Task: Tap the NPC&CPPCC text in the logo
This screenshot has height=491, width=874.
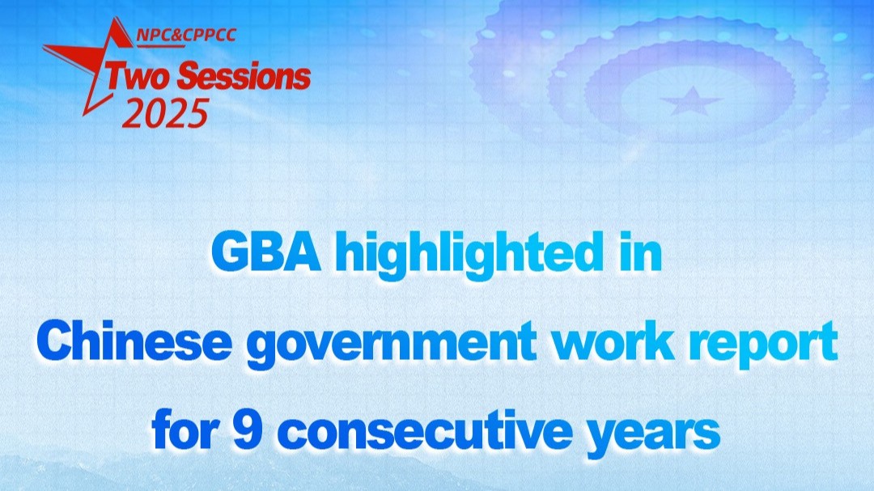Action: (186, 35)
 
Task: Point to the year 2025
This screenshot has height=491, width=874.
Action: (165, 113)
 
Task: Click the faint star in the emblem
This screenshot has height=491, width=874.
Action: (691, 101)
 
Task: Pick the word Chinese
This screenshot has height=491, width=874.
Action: (134, 341)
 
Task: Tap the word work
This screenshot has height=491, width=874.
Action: (613, 341)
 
